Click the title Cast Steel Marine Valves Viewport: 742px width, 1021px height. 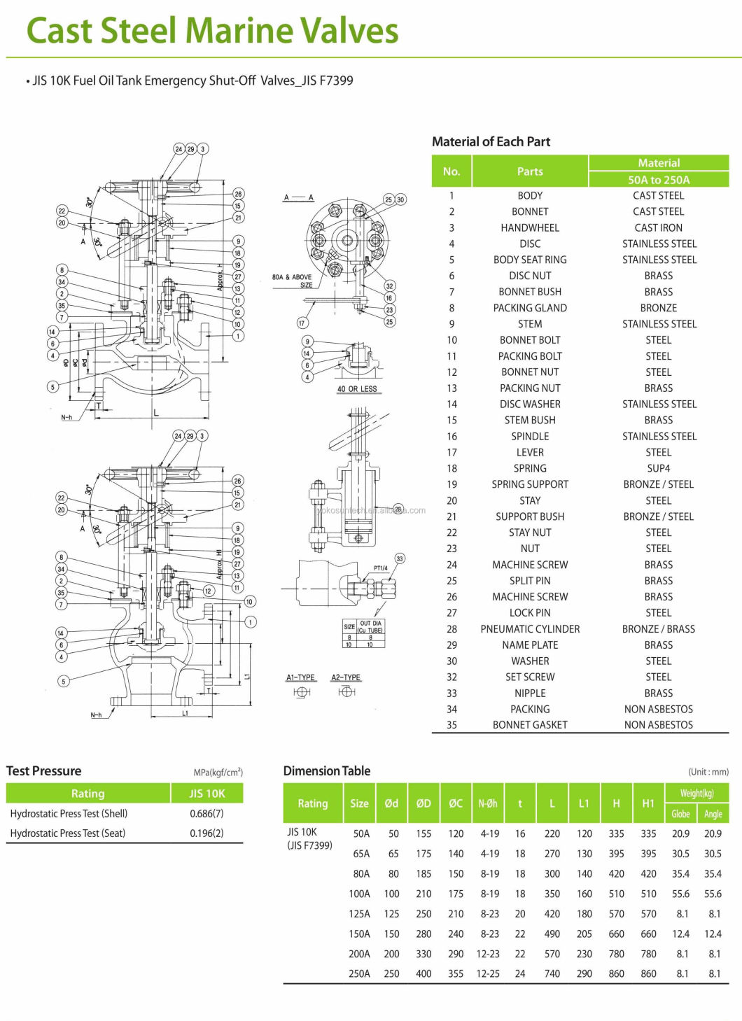[x=212, y=31]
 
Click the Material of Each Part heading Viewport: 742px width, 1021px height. [x=491, y=141]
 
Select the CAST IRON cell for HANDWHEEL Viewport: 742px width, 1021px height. [x=658, y=227]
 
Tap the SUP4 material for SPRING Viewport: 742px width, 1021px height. [x=658, y=468]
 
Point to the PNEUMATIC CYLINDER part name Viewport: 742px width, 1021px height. [x=530, y=628]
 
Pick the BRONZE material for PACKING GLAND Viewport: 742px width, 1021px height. [x=658, y=308]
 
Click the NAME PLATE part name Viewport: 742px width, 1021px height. [x=530, y=645]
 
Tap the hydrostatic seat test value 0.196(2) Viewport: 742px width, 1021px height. [x=206, y=833]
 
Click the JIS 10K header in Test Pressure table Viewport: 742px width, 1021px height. [x=206, y=793]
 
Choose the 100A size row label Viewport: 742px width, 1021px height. [x=359, y=894]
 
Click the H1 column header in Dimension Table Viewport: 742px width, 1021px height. [x=648, y=803]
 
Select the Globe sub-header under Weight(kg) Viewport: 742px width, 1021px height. [x=680, y=814]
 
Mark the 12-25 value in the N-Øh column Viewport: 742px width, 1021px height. [x=488, y=973]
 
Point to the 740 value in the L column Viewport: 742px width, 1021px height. [x=552, y=973]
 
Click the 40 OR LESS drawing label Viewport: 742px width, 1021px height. [x=357, y=389]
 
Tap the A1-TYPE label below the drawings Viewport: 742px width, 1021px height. [x=301, y=677]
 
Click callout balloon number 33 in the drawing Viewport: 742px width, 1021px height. [x=400, y=558]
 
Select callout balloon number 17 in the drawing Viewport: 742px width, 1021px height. [x=302, y=323]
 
